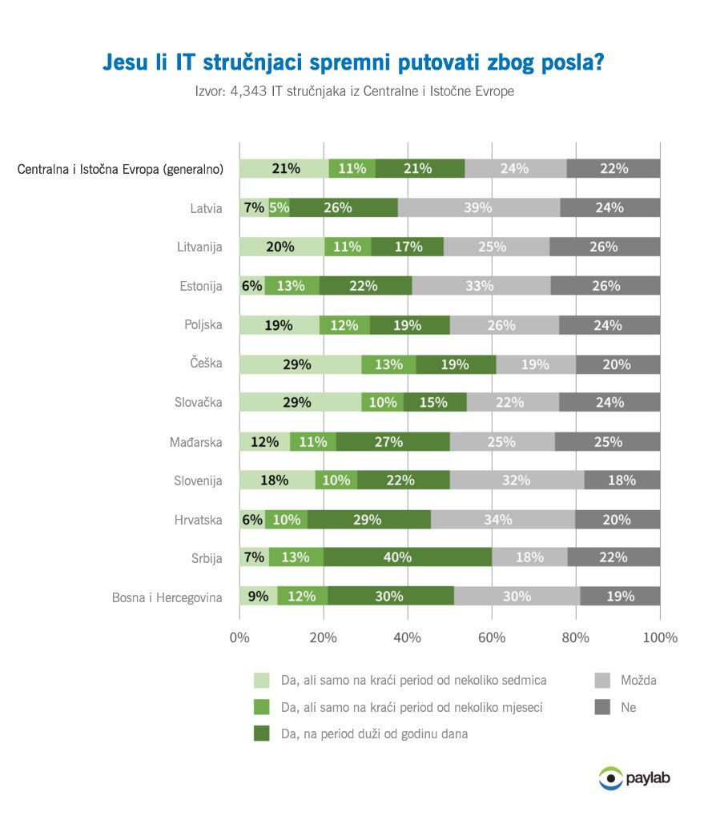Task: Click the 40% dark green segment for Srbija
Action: (x=408, y=557)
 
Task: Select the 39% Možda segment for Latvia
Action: (x=479, y=207)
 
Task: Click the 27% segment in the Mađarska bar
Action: (x=393, y=441)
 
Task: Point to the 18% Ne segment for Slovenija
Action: (x=622, y=480)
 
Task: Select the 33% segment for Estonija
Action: (x=481, y=286)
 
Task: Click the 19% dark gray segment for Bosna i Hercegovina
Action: (x=620, y=597)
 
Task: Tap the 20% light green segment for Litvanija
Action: (x=281, y=247)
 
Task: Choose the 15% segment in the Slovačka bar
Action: (x=435, y=403)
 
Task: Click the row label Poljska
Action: (x=203, y=325)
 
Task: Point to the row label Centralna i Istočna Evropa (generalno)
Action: (x=120, y=169)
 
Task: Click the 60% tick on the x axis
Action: (x=492, y=637)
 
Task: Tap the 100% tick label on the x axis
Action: (x=659, y=637)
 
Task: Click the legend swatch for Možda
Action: (x=602, y=681)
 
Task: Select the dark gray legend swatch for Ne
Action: (x=602, y=707)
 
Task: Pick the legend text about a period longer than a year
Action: (x=374, y=734)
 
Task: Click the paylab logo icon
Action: (x=610, y=777)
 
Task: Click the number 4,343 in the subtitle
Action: (x=247, y=91)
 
